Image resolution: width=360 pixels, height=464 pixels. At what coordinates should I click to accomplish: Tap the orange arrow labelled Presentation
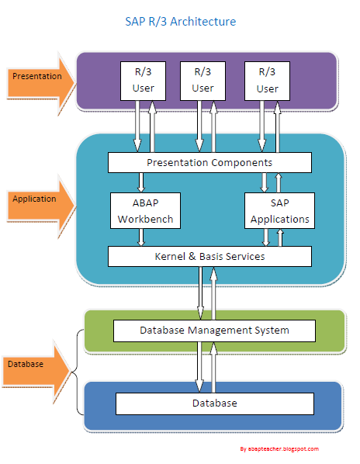click(40, 78)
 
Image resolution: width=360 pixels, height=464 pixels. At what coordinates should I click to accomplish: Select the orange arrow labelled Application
click(40, 199)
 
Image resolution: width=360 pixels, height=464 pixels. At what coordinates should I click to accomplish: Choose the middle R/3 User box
click(202, 80)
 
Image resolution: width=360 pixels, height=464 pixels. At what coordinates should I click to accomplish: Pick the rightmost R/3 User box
click(267, 80)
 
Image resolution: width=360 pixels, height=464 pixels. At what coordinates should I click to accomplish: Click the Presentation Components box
click(209, 163)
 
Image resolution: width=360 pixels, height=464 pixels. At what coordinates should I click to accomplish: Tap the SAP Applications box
click(279, 210)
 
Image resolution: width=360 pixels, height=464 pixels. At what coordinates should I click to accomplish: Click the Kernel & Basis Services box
click(209, 257)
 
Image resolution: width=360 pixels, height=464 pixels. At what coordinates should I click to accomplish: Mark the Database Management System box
click(214, 331)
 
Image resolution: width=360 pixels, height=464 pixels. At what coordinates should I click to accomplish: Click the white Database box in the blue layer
click(214, 403)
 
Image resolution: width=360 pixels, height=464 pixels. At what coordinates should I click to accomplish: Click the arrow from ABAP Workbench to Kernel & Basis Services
click(142, 237)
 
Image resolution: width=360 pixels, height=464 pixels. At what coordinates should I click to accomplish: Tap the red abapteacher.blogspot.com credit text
click(279, 449)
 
